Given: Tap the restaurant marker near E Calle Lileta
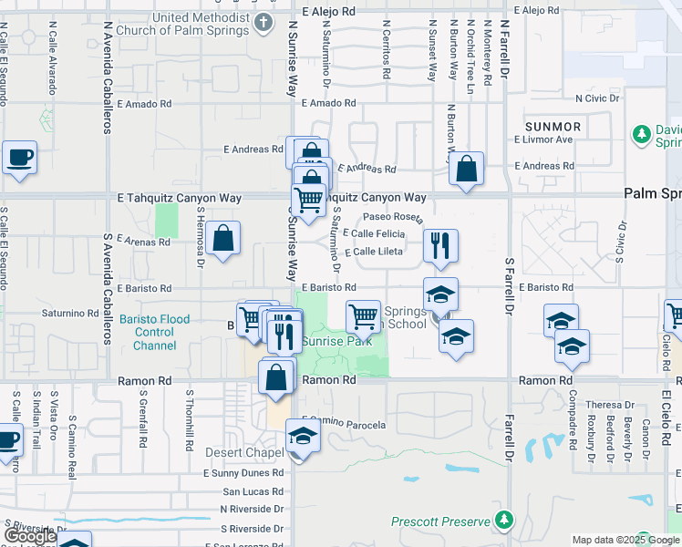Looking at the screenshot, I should [440, 245].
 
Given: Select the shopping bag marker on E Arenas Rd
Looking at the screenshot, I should [223, 239].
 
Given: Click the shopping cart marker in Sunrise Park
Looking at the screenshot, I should [364, 317].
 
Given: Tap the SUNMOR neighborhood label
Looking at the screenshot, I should [553, 125].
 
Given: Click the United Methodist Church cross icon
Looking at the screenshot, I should [264, 23].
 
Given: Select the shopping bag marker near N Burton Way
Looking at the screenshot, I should [466, 169].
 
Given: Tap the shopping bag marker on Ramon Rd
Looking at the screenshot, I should [276, 377].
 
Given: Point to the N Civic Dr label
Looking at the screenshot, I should [597, 98].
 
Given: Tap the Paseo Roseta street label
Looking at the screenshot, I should [393, 218].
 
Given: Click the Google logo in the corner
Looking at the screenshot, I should [30, 536].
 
